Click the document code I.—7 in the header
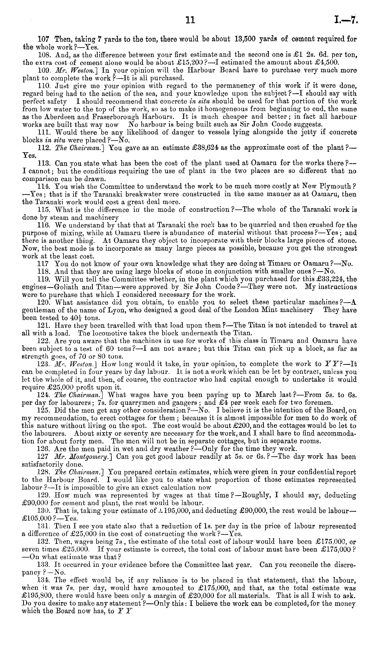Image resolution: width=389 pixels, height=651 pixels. tap(346, 20)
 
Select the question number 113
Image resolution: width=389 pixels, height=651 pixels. tap(44, 163)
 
